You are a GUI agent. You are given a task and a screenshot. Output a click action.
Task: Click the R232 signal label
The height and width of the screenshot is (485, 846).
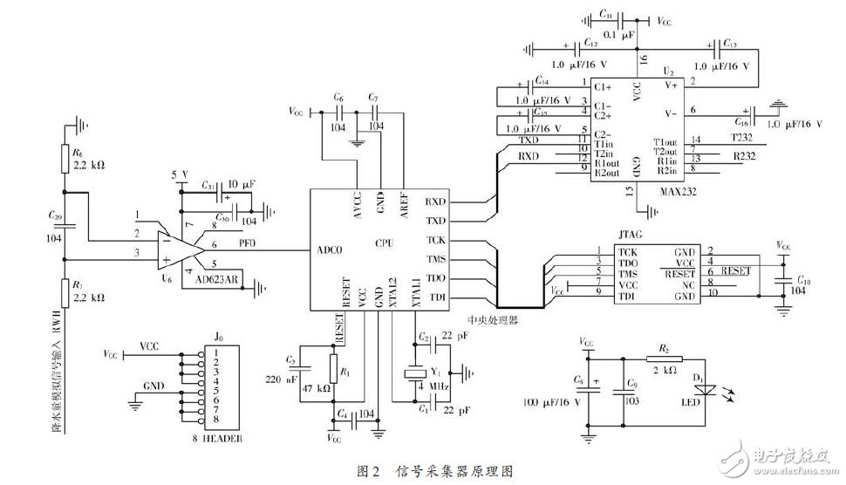[744, 156]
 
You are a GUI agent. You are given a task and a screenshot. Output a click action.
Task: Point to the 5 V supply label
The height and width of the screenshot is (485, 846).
[181, 174]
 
